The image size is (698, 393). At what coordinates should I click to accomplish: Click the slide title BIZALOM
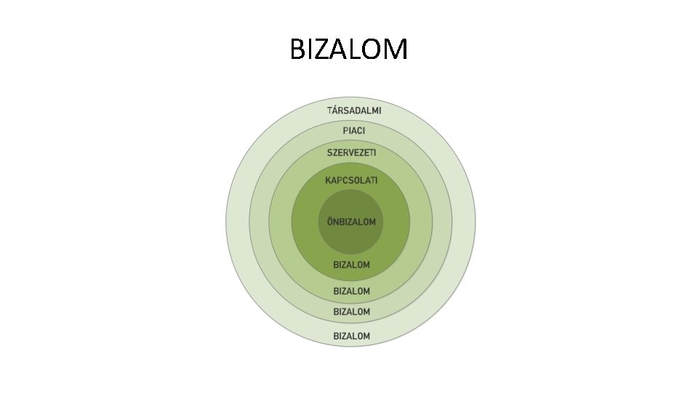[x=348, y=50]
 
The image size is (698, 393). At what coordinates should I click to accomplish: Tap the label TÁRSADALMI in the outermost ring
[x=353, y=111]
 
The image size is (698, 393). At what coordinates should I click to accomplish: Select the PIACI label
[x=353, y=131]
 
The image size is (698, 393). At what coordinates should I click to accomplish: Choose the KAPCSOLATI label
[x=351, y=180]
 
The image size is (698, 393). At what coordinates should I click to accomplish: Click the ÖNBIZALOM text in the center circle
[x=351, y=221]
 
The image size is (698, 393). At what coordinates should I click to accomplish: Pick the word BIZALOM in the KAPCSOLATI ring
[x=351, y=264]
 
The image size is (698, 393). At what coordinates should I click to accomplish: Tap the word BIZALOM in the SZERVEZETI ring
[x=351, y=291]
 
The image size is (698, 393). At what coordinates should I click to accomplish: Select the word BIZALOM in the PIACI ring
[x=351, y=311]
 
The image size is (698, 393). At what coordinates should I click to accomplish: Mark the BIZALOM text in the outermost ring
[x=351, y=336]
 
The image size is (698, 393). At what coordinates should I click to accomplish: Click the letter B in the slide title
[x=297, y=50]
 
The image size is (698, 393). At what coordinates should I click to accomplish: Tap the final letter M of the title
[x=396, y=50]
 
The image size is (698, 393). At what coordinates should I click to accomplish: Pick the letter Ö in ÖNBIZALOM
[x=330, y=221]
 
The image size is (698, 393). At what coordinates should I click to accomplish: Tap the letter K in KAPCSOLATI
[x=328, y=180]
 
